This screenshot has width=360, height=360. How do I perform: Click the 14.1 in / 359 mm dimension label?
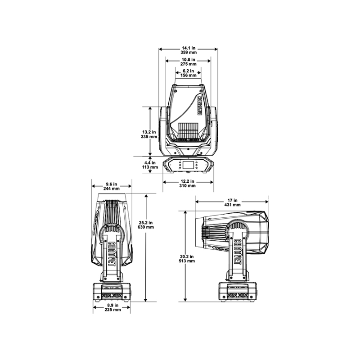coord(189,50)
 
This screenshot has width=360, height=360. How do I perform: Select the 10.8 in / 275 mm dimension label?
coord(188,62)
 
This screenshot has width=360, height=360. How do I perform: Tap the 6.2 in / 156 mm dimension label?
coord(188,73)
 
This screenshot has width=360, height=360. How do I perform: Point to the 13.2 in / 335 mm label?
coord(149,134)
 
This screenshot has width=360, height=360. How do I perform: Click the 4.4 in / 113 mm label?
coord(150,165)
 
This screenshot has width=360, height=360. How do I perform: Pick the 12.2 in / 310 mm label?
coord(187,184)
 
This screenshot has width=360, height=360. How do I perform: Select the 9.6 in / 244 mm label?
coord(111,186)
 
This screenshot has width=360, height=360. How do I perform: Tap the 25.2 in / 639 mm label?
coord(146,225)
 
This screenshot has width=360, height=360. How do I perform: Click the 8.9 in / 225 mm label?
coord(113,307)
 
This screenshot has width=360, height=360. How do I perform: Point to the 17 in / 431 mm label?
coord(232,202)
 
